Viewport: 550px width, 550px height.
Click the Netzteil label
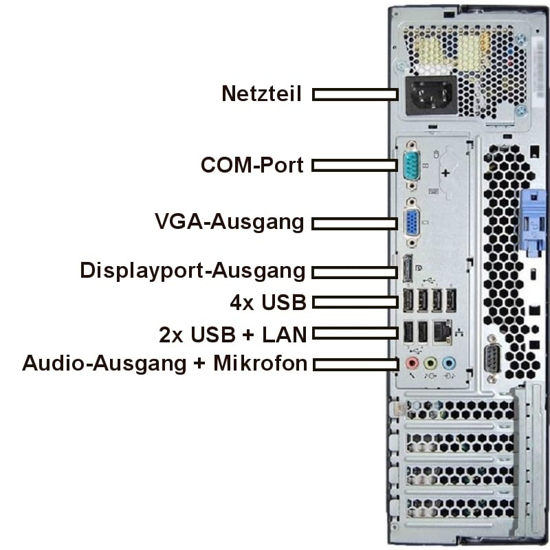[261, 93]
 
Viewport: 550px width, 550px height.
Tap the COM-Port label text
[252, 165]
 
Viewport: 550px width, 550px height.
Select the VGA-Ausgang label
[229, 222]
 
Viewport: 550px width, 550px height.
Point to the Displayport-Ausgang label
[192, 270]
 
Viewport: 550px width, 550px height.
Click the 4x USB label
[267, 302]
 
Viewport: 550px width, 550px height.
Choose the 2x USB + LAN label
[232, 334]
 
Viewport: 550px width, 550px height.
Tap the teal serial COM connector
[411, 166]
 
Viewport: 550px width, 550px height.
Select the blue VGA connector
[412, 223]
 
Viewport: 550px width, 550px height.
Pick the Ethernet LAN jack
[442, 331]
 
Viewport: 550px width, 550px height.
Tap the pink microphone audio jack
[412, 362]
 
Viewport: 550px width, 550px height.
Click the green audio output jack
[430, 362]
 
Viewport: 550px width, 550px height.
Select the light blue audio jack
[448, 362]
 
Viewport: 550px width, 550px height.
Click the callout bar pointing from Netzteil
[355, 94]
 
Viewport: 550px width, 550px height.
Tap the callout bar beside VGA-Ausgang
[355, 223]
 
